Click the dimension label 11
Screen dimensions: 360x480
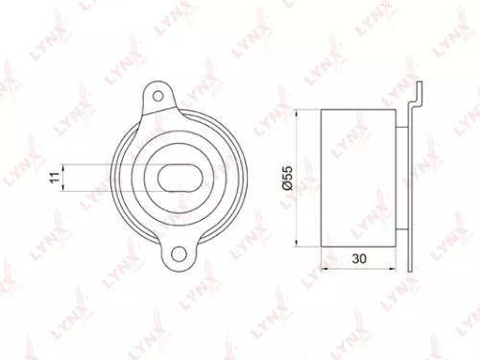pos(56,177)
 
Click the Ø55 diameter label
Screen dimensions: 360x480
pos(288,179)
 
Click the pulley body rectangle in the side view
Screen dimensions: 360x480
pos(359,179)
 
